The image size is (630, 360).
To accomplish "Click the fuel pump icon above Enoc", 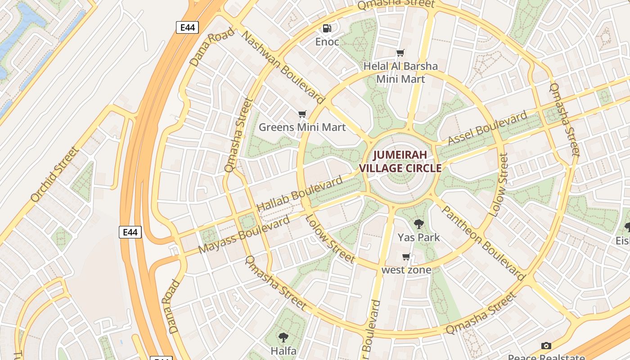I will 327,28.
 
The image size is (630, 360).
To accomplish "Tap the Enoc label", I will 327,42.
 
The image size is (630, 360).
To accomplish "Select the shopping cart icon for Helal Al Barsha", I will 400,53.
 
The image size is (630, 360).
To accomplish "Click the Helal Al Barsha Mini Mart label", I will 400,72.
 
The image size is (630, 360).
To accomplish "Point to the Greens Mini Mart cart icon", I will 302,114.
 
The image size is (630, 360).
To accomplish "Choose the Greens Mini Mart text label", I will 302,127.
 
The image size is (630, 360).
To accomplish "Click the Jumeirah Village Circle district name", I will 400,162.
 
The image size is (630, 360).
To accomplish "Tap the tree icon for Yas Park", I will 418,224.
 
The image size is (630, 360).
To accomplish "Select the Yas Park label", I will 418,237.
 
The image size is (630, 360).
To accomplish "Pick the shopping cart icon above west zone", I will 406,257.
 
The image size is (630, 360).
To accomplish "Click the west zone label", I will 406,270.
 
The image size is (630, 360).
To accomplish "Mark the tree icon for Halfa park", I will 283,337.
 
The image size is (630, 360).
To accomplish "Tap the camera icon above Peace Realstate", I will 546,346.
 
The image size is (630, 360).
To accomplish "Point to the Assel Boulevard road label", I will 488,128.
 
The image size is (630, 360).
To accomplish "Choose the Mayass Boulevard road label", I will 244,234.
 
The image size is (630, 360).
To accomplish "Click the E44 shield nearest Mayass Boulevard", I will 130,232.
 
